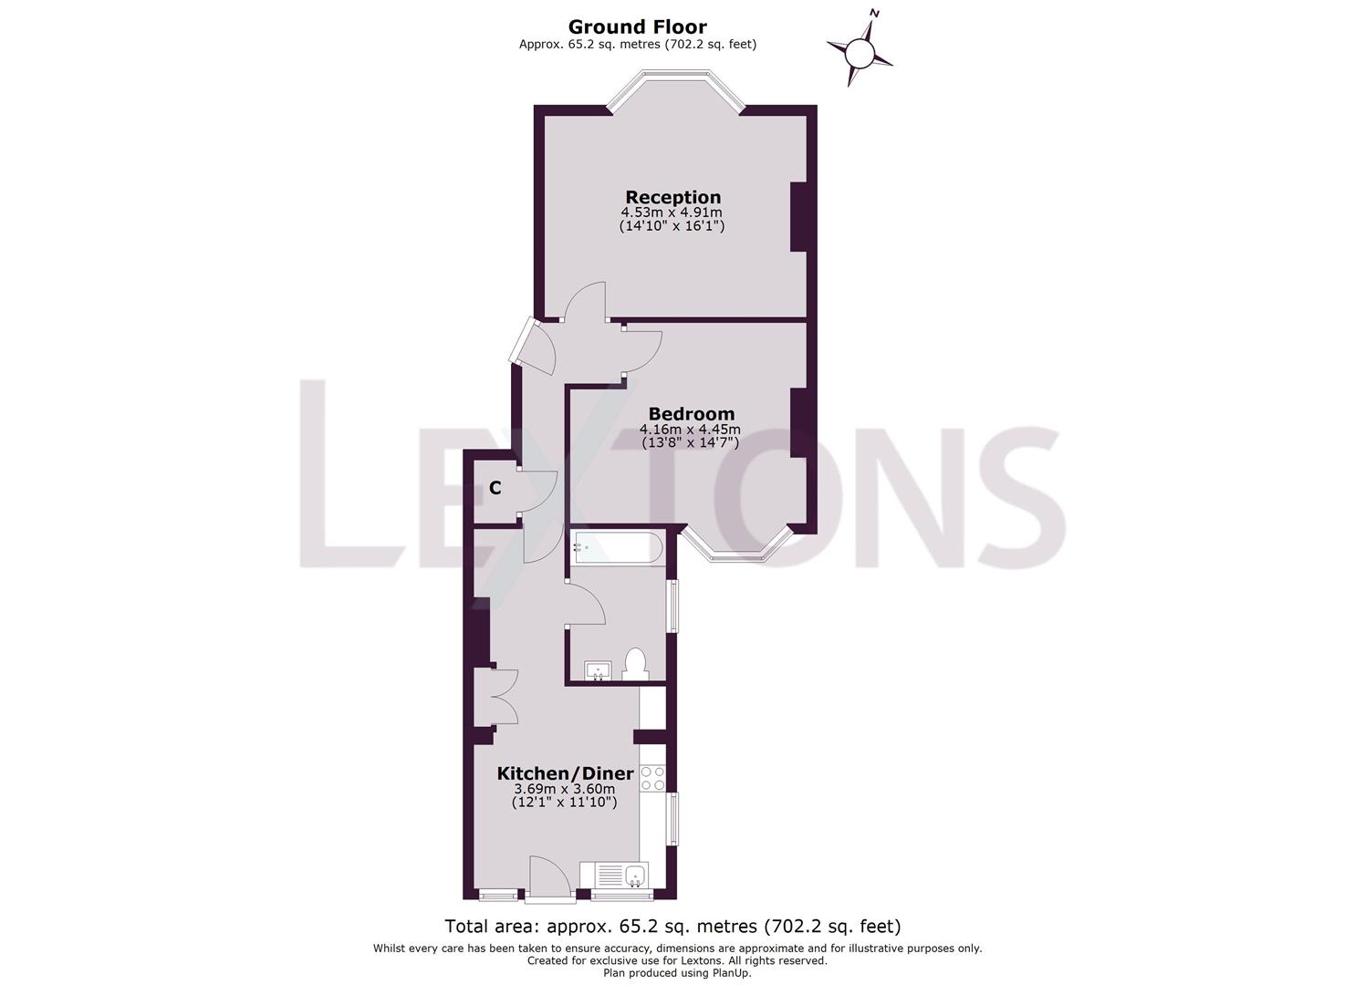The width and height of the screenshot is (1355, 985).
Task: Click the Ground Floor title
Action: coord(637,27)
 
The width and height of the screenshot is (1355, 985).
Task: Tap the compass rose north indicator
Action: coord(860,52)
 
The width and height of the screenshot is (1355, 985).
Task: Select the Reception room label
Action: coord(672,197)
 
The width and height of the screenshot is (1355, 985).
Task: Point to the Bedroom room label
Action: coord(691,413)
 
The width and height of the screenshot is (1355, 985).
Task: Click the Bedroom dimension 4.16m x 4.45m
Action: coord(690,429)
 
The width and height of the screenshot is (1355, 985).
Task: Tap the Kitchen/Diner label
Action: coord(565,773)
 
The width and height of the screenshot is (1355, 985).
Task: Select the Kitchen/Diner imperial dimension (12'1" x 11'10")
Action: coord(565,803)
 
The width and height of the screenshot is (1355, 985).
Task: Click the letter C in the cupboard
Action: coord(495,489)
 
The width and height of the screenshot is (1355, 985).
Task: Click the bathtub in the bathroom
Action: coord(616,548)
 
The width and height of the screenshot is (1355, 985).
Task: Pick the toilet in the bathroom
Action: coord(635,663)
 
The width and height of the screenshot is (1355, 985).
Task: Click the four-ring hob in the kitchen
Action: coord(652,778)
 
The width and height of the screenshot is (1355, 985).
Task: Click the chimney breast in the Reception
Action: coord(798,217)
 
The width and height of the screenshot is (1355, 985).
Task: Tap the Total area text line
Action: coord(672,927)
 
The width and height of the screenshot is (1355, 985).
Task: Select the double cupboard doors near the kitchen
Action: coord(498,698)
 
